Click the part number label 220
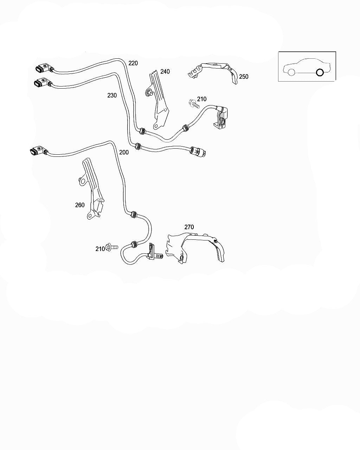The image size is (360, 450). [x=133, y=63]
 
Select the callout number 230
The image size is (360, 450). [x=112, y=95]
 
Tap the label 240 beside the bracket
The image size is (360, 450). [x=165, y=72]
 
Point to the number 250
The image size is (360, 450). [x=243, y=77]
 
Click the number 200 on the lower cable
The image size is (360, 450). [x=124, y=153]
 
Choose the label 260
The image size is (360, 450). [x=80, y=205]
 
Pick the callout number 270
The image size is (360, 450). [x=189, y=227]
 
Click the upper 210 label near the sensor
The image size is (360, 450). [x=201, y=99]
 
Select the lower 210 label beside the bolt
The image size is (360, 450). [x=100, y=249]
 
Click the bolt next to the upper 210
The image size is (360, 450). [x=194, y=104]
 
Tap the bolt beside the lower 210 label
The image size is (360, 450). [x=112, y=248]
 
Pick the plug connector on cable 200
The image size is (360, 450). [x=38, y=151]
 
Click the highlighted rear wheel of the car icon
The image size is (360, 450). [x=320, y=72]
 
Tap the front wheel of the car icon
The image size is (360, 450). [x=291, y=72]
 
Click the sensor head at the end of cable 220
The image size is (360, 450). [x=223, y=118]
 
